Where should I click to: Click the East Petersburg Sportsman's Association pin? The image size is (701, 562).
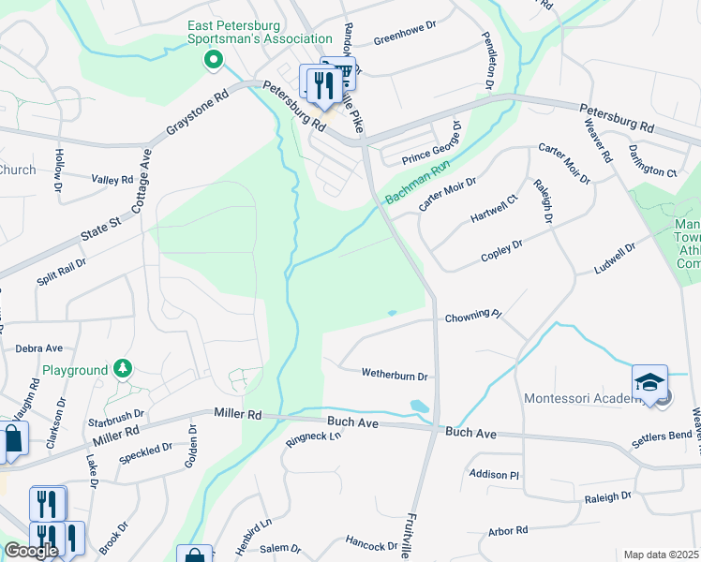213,62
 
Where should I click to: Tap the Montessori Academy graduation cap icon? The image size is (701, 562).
649,382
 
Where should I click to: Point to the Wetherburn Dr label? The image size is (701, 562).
395,376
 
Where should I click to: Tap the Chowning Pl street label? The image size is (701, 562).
473,317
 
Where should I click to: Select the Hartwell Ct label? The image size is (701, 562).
494,209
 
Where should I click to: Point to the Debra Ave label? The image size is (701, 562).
38,348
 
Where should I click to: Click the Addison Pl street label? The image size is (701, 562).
494,475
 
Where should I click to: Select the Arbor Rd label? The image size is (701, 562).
509,531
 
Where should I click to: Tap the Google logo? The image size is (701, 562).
31,551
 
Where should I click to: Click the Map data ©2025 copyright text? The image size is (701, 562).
661,555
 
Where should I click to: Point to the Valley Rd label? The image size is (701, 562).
112,179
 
